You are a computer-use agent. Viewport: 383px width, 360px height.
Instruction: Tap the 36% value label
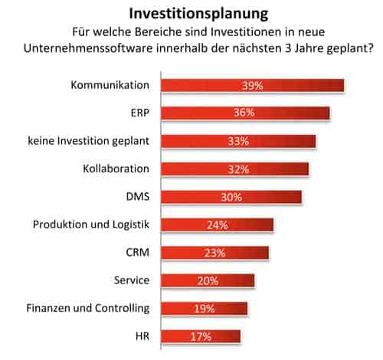coord(247,113)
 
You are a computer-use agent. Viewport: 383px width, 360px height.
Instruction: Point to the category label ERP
coord(139,113)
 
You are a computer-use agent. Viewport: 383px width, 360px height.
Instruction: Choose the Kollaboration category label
coord(115,169)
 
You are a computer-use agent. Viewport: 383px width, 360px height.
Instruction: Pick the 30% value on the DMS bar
coord(230,197)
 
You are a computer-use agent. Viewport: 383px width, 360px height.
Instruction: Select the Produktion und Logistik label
coord(91,224)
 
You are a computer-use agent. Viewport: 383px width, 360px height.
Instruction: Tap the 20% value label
coord(208,280)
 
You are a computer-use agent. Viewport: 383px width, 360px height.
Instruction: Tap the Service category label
coord(130,280)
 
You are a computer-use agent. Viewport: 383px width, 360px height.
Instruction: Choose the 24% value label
coord(218,225)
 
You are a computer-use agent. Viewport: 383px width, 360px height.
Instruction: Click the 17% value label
coord(201,336)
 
